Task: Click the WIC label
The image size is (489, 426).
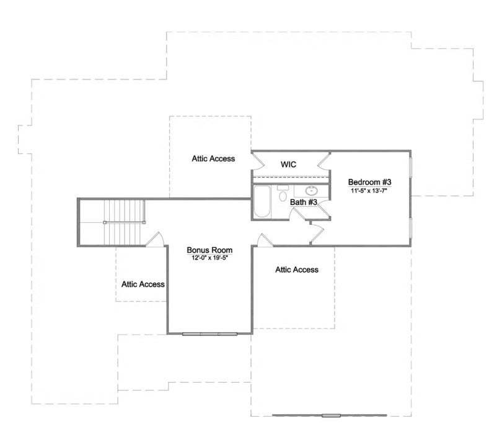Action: [x=289, y=165]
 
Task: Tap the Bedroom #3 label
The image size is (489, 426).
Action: [x=369, y=182]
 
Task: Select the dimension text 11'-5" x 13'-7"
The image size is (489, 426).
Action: [x=369, y=191]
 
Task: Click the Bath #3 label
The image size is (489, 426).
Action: [x=304, y=202]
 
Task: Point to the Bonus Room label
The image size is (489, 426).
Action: [x=209, y=250]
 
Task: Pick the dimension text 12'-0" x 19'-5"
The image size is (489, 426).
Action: [x=209, y=257]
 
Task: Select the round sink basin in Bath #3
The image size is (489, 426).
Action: [x=312, y=190]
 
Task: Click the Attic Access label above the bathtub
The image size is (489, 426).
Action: [x=213, y=158]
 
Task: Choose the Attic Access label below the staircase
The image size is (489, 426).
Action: [x=143, y=284]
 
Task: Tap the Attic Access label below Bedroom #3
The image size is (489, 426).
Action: [x=296, y=270]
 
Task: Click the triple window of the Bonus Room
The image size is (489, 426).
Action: [x=210, y=334]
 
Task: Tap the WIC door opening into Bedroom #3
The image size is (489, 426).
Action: [x=323, y=161]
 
